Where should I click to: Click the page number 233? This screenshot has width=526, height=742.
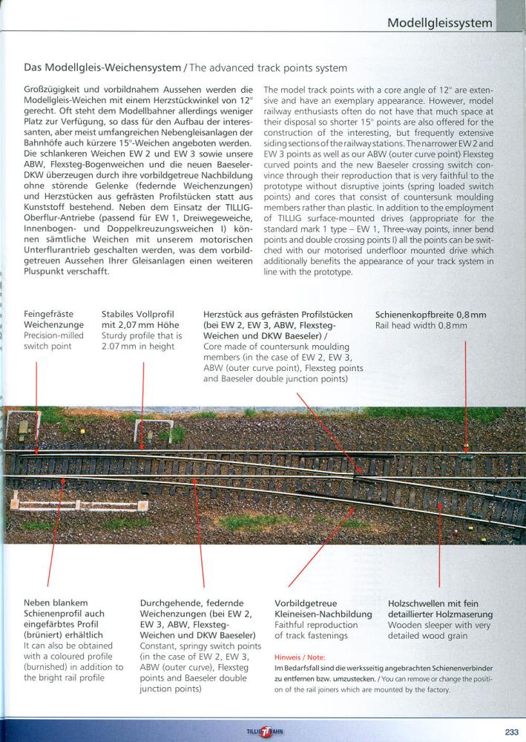[x=511, y=728]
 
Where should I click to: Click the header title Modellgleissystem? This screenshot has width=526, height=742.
[x=440, y=23]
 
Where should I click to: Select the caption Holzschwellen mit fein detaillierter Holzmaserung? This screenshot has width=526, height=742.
[x=440, y=609]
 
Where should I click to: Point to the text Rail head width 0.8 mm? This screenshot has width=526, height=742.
[x=421, y=326]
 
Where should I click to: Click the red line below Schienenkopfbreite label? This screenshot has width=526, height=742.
[x=465, y=393]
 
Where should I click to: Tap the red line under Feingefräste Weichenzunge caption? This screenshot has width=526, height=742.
[x=36, y=401]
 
